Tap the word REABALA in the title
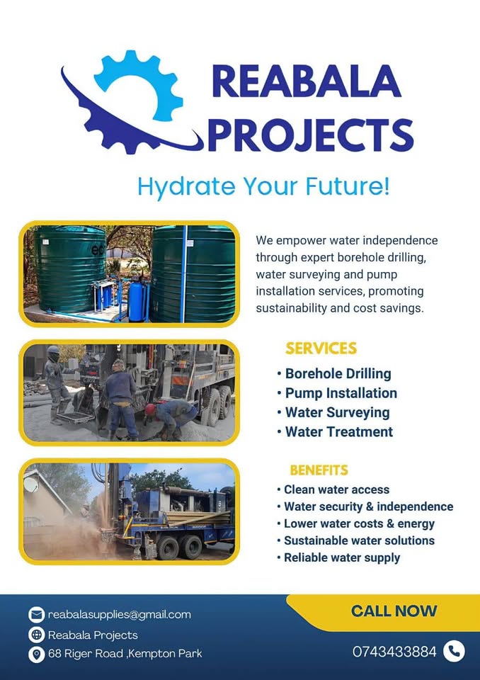[307, 81]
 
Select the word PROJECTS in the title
[311, 135]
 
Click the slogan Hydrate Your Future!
[263, 186]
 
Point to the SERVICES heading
[321, 348]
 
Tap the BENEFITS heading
[319, 470]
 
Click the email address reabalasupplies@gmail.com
[119, 615]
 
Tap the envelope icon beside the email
[36, 615]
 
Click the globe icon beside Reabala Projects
[36, 635]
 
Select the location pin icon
[36, 654]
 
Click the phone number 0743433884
[394, 652]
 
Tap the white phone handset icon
[454, 652]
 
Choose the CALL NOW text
[394, 611]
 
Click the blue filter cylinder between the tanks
[136, 300]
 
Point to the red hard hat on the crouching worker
[150, 409]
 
